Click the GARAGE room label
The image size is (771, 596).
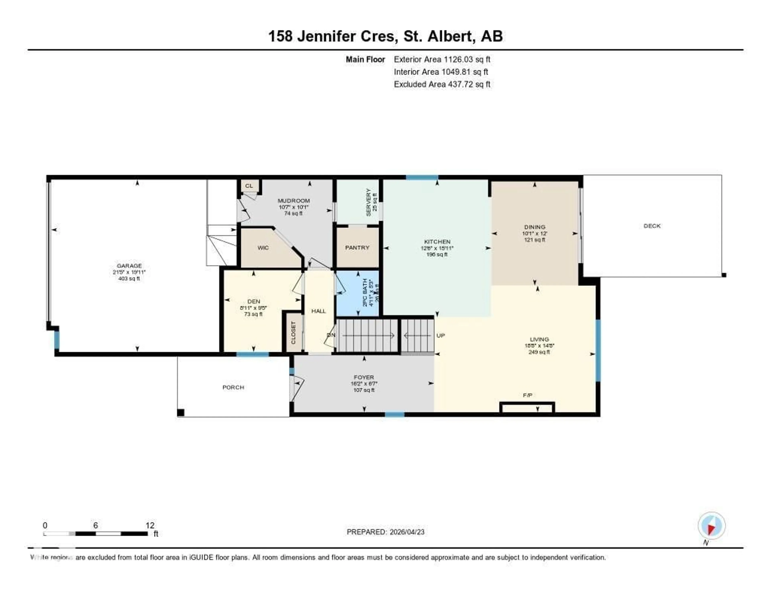(x=129, y=266)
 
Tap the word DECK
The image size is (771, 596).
(x=652, y=226)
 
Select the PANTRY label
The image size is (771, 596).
(x=357, y=248)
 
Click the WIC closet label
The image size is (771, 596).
(x=263, y=248)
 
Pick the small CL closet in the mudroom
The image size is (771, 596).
(x=249, y=186)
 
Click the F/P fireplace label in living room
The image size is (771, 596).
(x=527, y=395)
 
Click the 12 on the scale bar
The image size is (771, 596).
(x=150, y=525)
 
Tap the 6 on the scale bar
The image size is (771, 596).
(x=95, y=525)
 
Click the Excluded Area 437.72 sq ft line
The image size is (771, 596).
(x=442, y=84)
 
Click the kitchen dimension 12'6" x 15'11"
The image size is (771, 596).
(x=437, y=248)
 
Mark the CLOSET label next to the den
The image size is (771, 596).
(x=293, y=332)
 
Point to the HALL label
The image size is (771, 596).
(x=318, y=311)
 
